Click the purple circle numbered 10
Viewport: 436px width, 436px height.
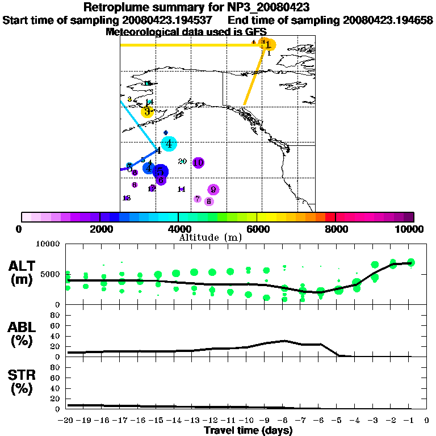[x=198, y=163]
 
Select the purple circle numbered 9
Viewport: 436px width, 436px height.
[x=213, y=190]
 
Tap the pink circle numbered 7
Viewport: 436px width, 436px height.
[x=197, y=199]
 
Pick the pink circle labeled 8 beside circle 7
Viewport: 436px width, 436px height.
[x=209, y=201]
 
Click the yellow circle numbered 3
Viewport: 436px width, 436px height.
[x=147, y=112]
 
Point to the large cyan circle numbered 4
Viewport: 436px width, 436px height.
[x=169, y=144]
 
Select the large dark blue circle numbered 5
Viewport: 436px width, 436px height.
[x=160, y=171]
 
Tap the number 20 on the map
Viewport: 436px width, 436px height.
[x=182, y=162]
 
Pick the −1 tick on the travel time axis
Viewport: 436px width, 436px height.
[x=409, y=421]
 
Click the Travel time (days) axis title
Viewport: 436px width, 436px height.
[x=248, y=430]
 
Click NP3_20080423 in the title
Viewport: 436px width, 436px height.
[x=266, y=7]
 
